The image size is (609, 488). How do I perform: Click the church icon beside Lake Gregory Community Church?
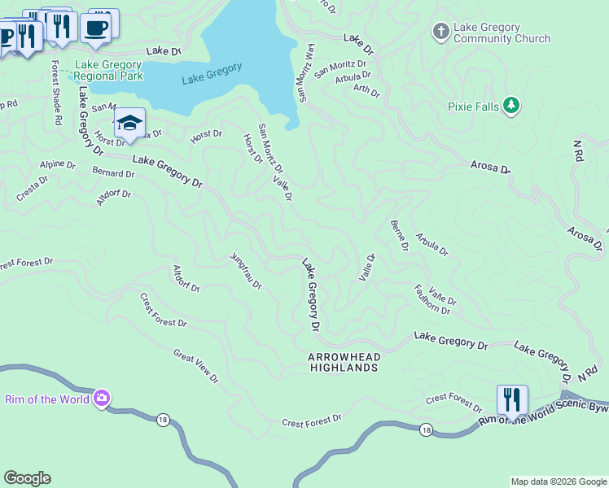coord(441,32)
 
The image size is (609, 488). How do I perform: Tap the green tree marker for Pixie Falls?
coord(511,106)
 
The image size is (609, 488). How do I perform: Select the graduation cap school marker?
coord(129,124)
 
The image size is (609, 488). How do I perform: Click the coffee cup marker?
coord(96,28)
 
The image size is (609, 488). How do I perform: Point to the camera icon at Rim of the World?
coord(102,399)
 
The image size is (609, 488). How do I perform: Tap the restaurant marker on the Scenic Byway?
coord(512,400)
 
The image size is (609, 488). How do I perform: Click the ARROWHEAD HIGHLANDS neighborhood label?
coord(344,363)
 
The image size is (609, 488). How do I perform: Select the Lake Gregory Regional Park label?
coord(108,71)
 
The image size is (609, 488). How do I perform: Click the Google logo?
coord(28,478)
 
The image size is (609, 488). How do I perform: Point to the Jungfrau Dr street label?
coord(245,271)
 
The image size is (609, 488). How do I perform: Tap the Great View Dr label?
coord(196,366)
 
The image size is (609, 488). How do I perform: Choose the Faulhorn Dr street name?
coord(432,298)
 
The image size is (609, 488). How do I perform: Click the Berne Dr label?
coord(399,236)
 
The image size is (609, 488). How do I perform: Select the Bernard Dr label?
coord(113,173)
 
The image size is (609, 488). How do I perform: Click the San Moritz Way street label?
coord(306,73)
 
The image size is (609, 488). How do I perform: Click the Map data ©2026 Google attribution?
coord(559,481)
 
